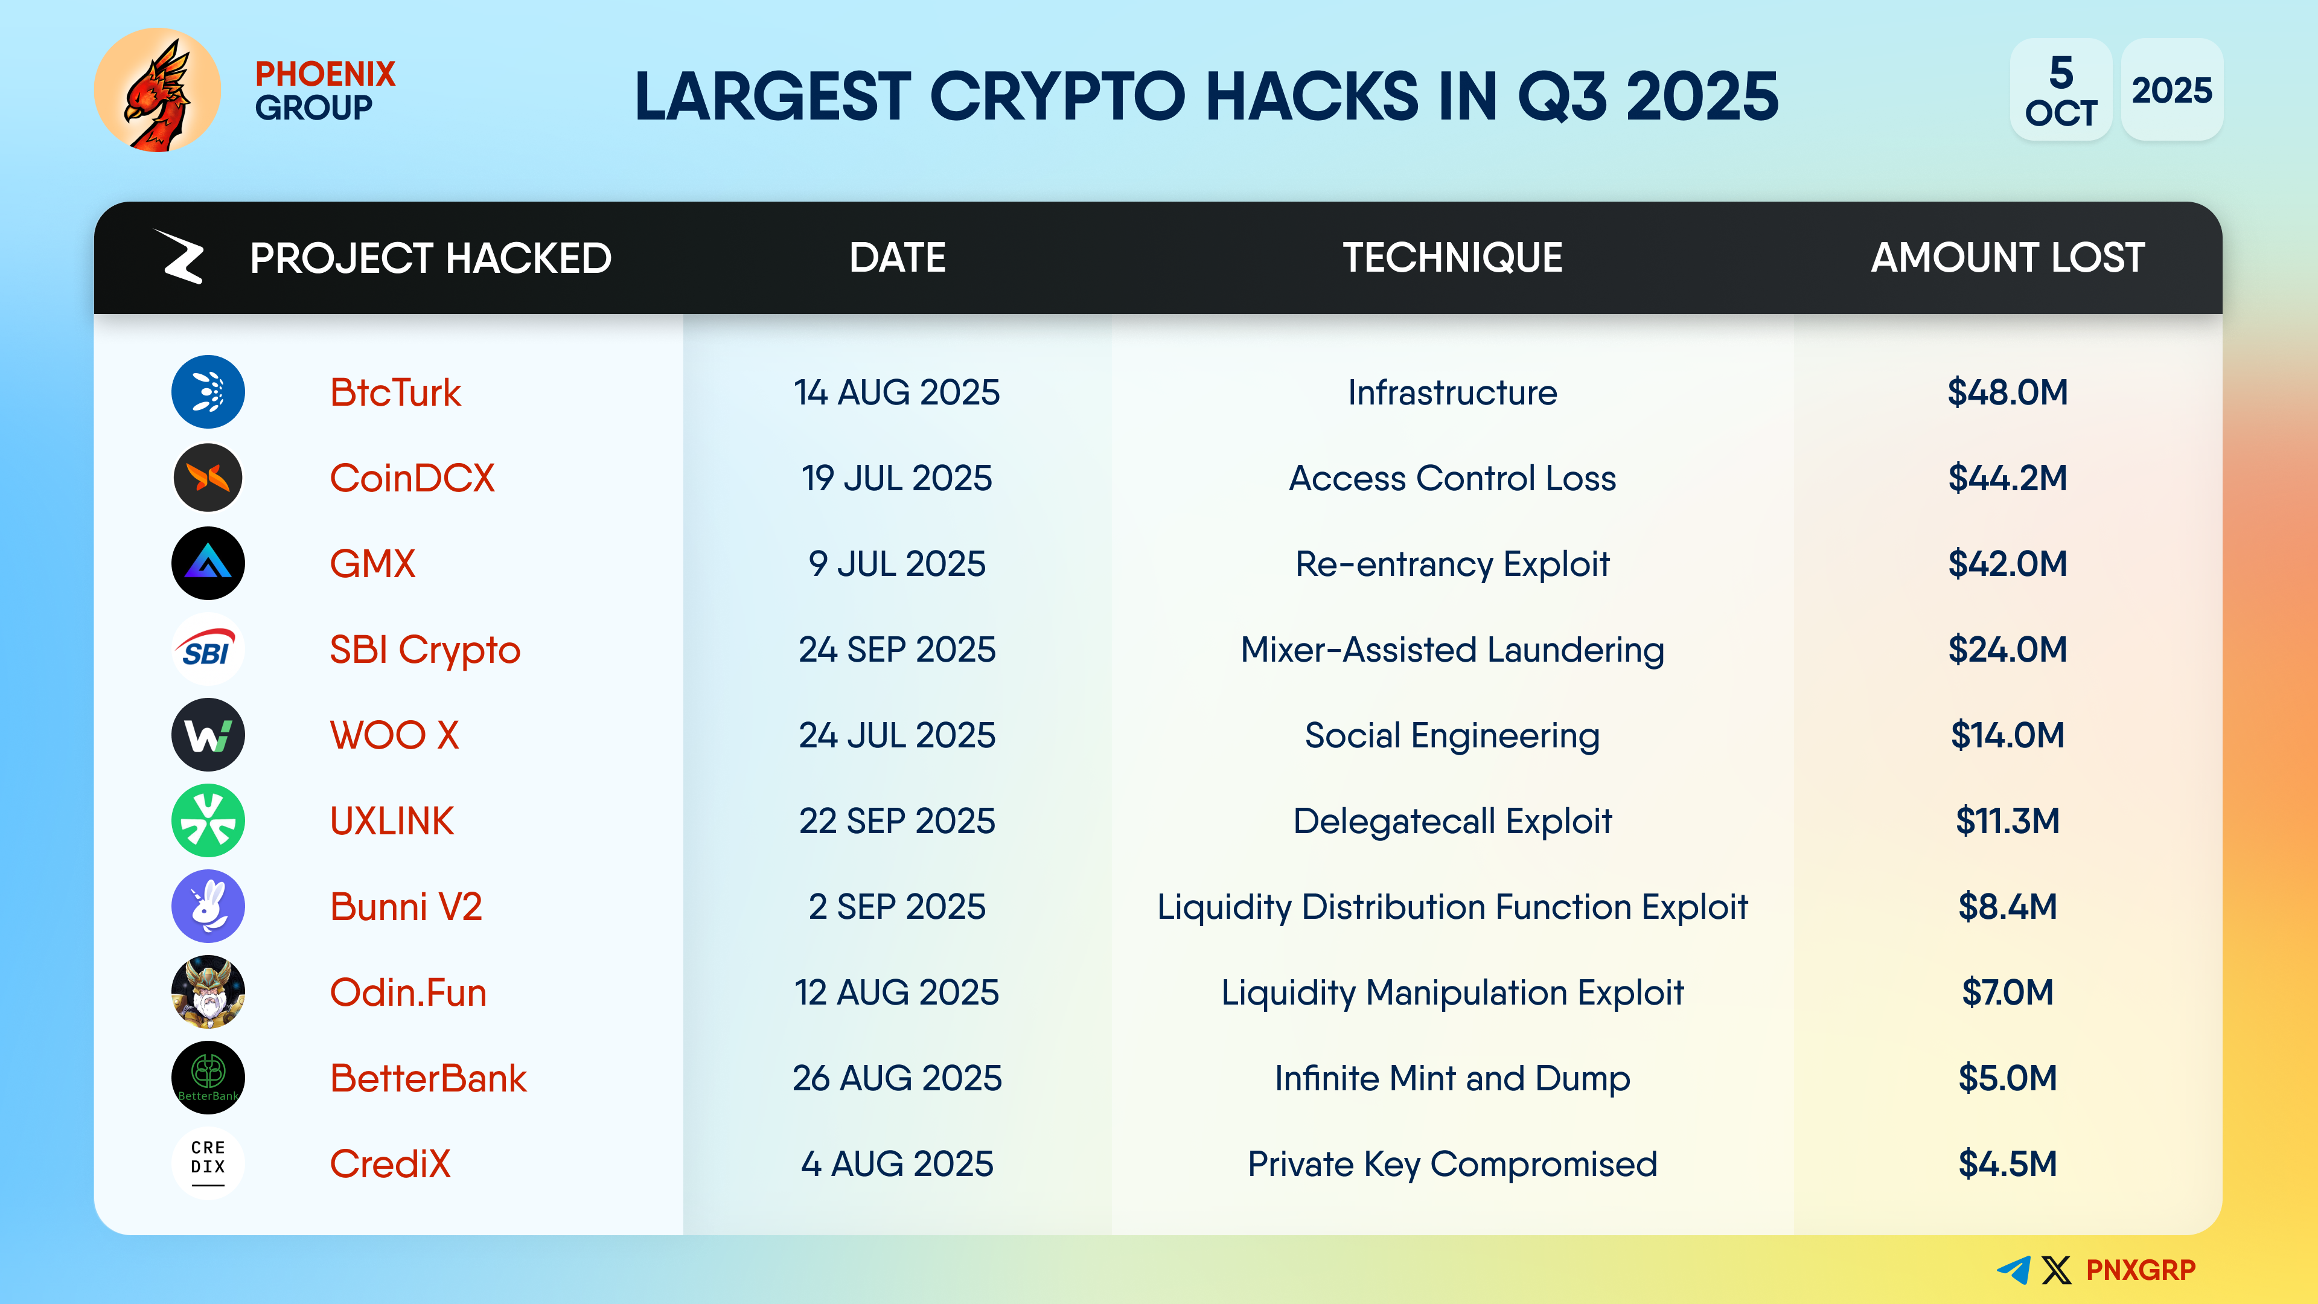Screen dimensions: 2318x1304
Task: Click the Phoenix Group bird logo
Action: coord(158,90)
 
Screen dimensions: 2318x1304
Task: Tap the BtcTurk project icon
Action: coord(208,391)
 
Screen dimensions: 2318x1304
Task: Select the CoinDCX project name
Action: coord(412,478)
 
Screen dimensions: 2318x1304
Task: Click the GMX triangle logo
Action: coord(208,563)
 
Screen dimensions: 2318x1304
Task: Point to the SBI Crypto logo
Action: coord(208,649)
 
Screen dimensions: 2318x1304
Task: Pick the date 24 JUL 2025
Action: coord(897,735)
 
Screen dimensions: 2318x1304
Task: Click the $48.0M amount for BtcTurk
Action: coord(2008,392)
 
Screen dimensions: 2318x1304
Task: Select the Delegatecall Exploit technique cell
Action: coord(1452,821)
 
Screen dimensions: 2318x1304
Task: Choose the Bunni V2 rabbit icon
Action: coord(208,906)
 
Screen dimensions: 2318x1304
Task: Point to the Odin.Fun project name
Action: coord(407,992)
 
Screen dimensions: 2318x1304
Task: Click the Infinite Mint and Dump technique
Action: coord(1452,1078)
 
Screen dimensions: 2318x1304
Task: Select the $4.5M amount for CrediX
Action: coord(2008,1163)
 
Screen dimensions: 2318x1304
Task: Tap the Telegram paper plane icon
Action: coord(2014,1270)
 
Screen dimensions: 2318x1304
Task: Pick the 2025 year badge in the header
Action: coord(2171,90)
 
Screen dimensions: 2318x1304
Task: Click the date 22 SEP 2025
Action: coord(897,821)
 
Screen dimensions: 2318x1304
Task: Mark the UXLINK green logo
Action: coord(208,821)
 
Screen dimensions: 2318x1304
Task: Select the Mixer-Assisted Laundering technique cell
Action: coord(1452,650)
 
